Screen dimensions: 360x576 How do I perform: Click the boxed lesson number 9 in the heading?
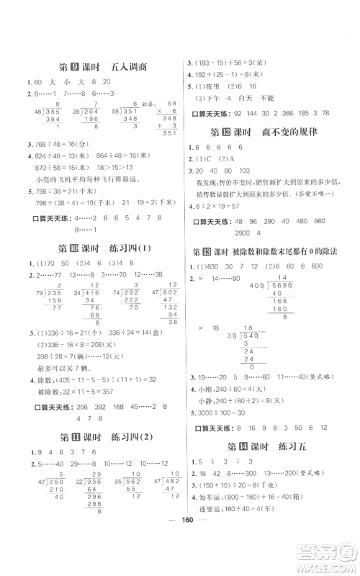tap(83, 67)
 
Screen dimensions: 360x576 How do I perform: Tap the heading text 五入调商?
tap(130, 67)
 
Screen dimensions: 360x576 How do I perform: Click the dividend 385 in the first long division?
tap(51, 112)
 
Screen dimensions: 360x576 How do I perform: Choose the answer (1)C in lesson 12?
tap(208, 158)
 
